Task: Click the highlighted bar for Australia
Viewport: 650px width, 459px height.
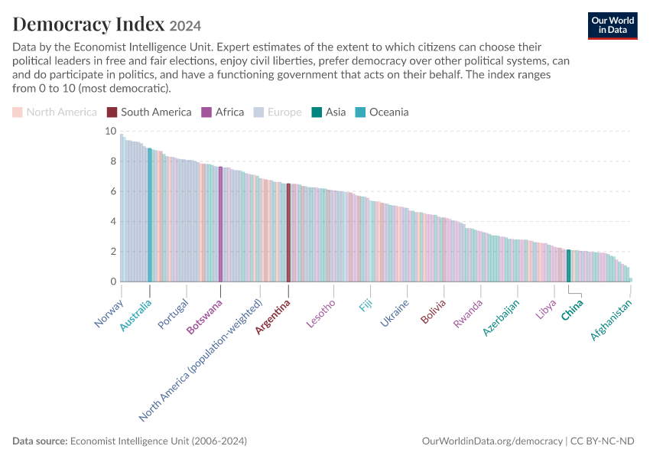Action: [150, 215]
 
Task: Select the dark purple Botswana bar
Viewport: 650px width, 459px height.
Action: [220, 224]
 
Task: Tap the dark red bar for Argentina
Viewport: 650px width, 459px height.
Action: [288, 233]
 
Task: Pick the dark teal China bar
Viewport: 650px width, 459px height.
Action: [569, 265]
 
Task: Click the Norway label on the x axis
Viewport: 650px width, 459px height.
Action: [109, 314]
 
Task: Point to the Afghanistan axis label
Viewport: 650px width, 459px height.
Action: [611, 319]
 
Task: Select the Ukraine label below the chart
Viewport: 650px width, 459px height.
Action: [395, 313]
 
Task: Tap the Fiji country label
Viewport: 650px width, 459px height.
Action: [366, 305]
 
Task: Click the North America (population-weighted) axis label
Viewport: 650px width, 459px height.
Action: [200, 360]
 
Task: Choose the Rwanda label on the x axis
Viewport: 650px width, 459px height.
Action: [468, 314]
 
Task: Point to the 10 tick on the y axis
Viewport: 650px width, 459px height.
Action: [111, 131]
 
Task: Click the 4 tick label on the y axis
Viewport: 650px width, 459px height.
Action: [113, 221]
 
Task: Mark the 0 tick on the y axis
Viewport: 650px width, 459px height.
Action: [113, 282]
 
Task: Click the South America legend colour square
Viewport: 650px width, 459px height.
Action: [112, 112]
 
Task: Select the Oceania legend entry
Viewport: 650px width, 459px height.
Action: [382, 112]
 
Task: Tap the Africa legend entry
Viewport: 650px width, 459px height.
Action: [223, 112]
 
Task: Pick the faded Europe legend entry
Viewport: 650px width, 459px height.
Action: [278, 112]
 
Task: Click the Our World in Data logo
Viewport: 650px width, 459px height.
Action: [613, 26]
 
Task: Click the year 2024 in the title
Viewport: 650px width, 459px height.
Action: [185, 26]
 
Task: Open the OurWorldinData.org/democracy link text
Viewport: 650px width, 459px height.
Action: [492, 441]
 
